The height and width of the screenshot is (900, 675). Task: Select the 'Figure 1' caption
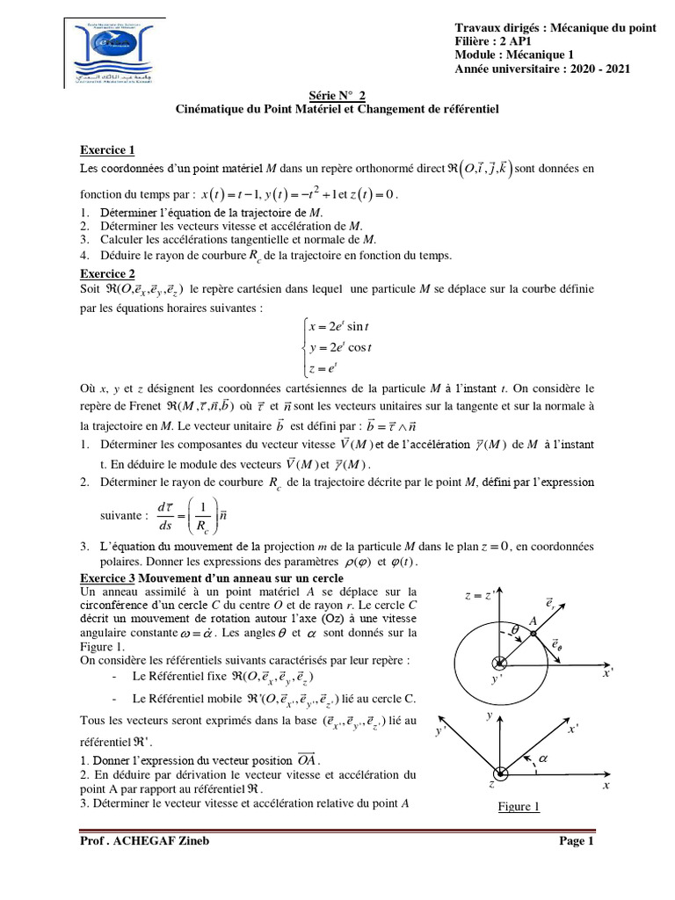517,807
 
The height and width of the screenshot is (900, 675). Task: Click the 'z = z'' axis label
481,598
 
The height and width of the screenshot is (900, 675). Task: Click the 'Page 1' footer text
577,841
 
